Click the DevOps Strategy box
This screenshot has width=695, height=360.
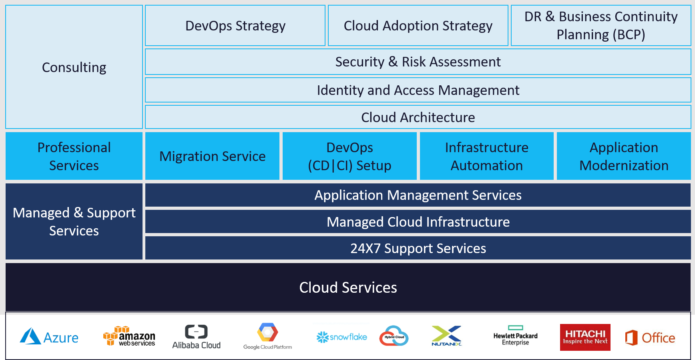coord(235,26)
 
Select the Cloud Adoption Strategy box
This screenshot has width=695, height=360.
coord(418,26)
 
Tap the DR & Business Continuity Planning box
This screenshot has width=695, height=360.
coord(601,26)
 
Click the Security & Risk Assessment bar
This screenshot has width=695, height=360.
coord(418,62)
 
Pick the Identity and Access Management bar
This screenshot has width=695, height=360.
coord(418,90)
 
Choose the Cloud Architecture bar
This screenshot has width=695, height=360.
coord(418,117)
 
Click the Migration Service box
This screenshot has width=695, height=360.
coord(212,156)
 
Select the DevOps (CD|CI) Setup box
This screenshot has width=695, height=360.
coord(350,156)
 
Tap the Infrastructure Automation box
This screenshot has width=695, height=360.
coord(486,156)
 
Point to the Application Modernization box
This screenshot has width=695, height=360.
coord(624,156)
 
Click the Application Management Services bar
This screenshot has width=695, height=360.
coord(418,195)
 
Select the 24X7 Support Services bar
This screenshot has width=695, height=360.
coord(418,248)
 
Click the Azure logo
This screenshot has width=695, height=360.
coord(49,337)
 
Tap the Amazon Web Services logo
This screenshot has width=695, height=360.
coord(129,336)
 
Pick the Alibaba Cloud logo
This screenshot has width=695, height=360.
coord(196,337)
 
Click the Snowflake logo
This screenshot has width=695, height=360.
coord(341,337)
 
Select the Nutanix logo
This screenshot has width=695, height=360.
coord(447,336)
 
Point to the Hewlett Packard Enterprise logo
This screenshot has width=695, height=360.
coord(515,338)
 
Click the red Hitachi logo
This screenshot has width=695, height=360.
coord(585,337)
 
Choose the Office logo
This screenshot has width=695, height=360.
coord(651,337)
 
